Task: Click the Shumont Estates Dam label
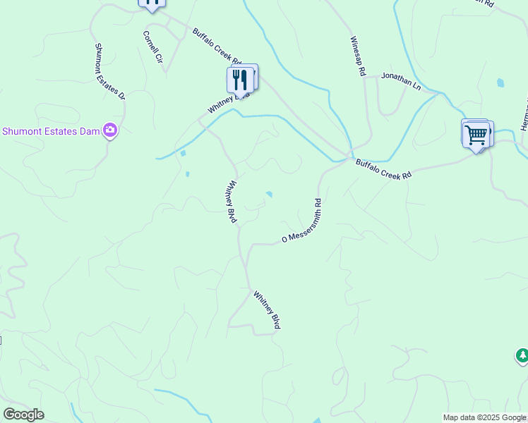tap(50, 130)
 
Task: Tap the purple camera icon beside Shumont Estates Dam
tap(109, 130)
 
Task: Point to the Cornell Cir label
tap(153, 49)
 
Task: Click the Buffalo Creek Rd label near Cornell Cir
tap(217, 46)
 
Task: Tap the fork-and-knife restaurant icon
tap(240, 80)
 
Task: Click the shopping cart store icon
tap(476, 134)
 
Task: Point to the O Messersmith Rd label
tap(301, 221)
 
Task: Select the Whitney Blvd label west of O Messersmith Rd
tap(231, 202)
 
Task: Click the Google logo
tap(23, 415)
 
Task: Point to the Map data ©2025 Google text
tap(484, 417)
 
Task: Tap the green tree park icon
tap(522, 356)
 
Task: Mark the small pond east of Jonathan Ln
tap(500, 82)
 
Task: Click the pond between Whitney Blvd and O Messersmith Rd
tap(269, 195)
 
